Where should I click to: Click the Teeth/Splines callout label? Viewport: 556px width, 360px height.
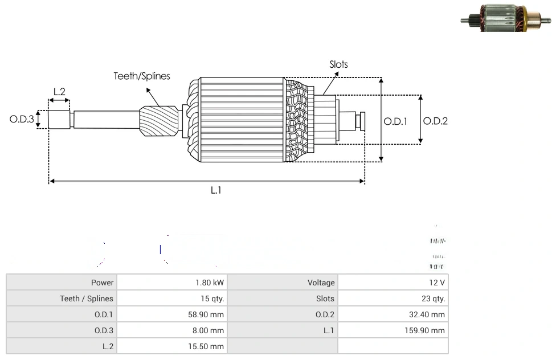click(x=142, y=76)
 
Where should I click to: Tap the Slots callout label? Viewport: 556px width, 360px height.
click(x=338, y=64)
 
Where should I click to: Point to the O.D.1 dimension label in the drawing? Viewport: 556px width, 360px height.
click(x=395, y=121)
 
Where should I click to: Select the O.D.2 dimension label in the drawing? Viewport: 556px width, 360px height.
click(x=435, y=121)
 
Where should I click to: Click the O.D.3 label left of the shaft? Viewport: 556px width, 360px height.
click(x=22, y=120)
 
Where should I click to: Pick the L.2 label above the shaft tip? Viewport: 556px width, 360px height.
click(x=59, y=92)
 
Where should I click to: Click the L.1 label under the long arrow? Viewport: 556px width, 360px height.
click(x=216, y=190)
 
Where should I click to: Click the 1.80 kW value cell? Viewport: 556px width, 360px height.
click(x=210, y=283)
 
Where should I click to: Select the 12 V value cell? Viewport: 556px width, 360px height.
click(x=438, y=283)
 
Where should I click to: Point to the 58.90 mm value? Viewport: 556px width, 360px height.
click(x=207, y=314)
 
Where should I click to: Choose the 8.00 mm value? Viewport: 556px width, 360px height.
click(x=209, y=330)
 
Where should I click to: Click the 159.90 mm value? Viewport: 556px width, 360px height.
click(x=426, y=330)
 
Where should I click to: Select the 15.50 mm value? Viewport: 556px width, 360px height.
click(x=207, y=346)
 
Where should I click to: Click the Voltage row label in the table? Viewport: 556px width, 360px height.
click(x=321, y=283)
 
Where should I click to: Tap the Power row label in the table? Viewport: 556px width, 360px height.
click(x=103, y=283)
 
